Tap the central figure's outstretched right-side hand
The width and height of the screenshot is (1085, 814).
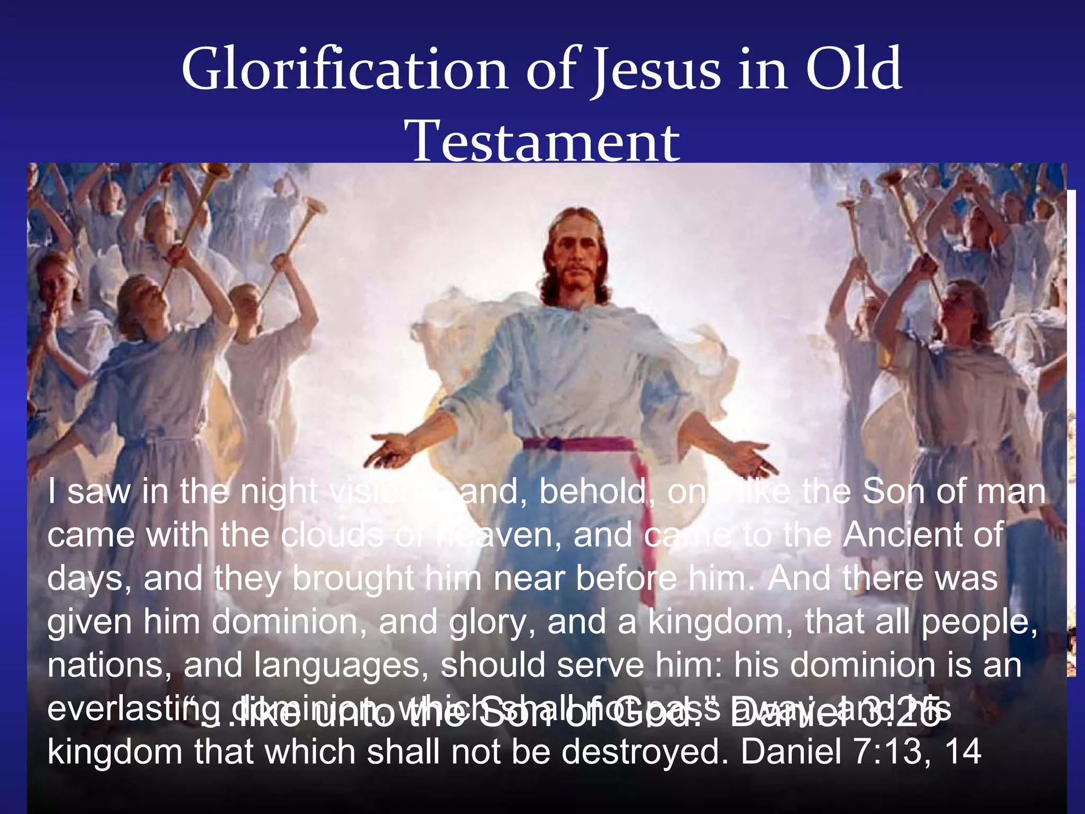[752, 456]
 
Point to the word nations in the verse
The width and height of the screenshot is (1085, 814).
[106, 666]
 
